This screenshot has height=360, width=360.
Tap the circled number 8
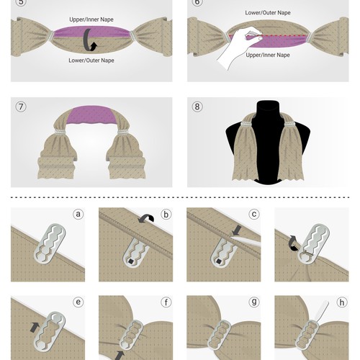[197, 107]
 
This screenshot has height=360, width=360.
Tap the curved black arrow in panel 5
[91, 40]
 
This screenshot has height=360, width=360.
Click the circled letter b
[166, 214]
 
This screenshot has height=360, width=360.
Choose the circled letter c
[254, 214]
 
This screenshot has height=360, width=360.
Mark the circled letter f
[166, 302]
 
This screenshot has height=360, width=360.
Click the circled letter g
[254, 302]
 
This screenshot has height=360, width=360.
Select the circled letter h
[341, 302]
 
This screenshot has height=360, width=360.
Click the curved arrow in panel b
[148, 217]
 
